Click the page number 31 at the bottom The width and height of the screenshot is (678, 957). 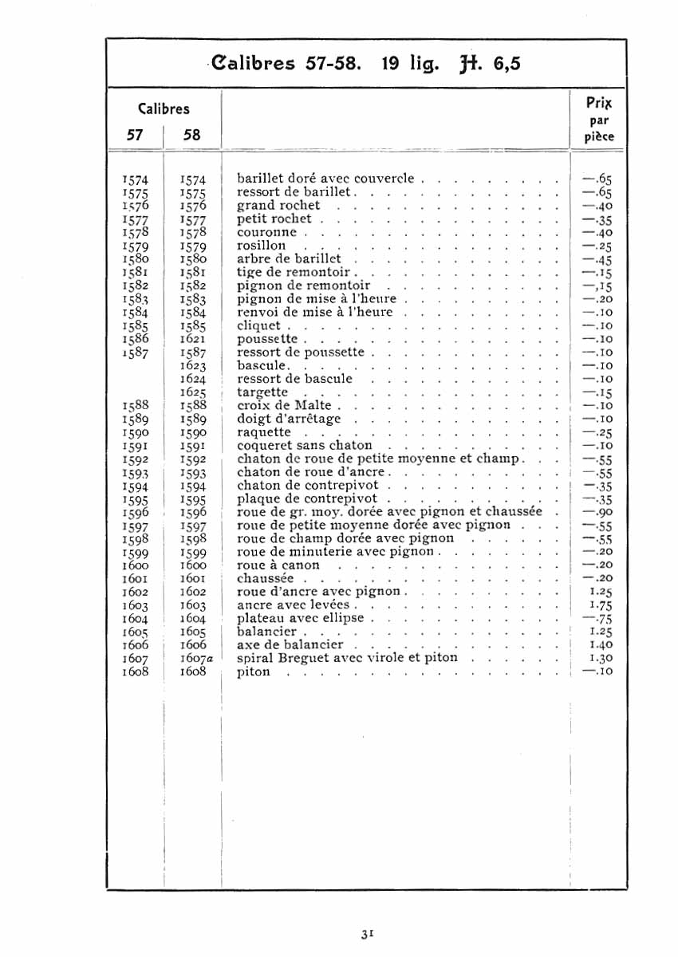(368, 933)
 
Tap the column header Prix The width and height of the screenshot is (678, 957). (599, 103)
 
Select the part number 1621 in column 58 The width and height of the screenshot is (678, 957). (193, 339)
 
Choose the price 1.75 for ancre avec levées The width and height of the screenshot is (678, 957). (600, 605)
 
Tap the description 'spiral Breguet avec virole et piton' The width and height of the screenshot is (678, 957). (347, 658)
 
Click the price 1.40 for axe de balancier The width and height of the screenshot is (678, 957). (600, 645)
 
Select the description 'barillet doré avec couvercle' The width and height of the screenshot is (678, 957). (325, 179)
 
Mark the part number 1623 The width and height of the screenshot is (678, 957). (193, 366)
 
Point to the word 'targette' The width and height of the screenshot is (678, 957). (262, 392)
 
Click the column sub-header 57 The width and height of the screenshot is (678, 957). (135, 135)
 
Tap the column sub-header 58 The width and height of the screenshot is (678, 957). (192, 135)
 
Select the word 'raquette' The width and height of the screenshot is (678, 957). (264, 432)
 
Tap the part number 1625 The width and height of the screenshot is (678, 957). (193, 392)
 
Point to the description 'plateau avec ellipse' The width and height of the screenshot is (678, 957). (300, 618)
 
